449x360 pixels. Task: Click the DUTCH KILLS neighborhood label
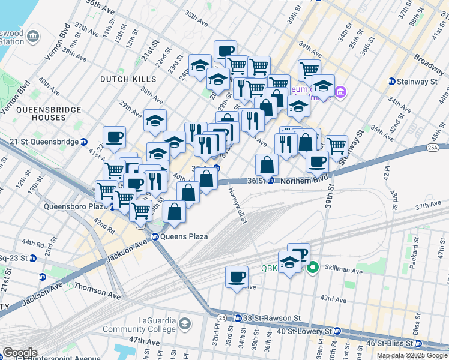tap(128, 79)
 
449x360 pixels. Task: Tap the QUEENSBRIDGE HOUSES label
tap(41, 114)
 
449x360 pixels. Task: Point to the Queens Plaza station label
tap(184, 236)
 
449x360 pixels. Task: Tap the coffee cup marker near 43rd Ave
tap(237, 277)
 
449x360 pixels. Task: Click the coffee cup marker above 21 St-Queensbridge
tap(114, 137)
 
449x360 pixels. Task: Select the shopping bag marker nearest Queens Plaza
tap(174, 212)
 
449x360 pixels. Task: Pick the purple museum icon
tap(341, 92)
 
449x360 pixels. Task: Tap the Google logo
tap(20, 353)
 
